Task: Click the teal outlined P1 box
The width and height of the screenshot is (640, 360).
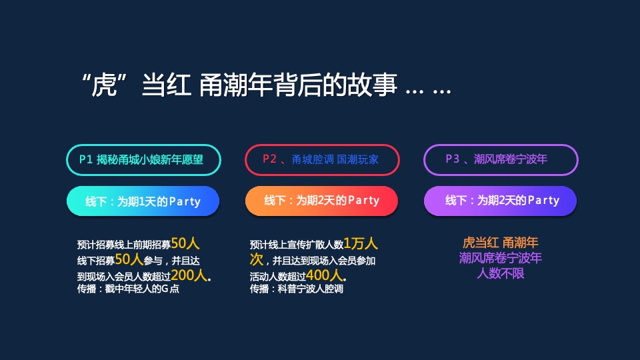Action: tap(143, 159)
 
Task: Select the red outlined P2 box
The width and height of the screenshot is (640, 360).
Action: tap(322, 159)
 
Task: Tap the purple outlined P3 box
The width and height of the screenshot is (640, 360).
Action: tap(501, 159)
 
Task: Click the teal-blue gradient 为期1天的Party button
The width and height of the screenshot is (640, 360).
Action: tap(143, 201)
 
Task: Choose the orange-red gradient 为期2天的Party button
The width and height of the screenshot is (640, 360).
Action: tap(322, 200)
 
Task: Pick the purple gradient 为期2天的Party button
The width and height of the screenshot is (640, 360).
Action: tap(501, 200)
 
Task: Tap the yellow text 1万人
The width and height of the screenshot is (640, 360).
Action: tap(361, 243)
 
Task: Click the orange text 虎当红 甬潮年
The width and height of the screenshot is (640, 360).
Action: tap(501, 243)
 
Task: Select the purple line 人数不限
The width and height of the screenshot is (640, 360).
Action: tap(501, 273)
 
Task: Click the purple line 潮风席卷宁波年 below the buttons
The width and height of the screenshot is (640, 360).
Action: tap(501, 258)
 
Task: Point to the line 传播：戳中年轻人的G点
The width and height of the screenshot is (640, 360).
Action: tap(128, 289)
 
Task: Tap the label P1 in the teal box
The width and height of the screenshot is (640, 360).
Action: tap(85, 159)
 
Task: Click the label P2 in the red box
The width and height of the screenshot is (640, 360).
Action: tap(269, 159)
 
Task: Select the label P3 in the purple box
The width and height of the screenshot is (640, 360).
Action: tap(452, 159)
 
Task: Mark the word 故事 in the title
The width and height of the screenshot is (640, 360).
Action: tap(373, 86)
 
